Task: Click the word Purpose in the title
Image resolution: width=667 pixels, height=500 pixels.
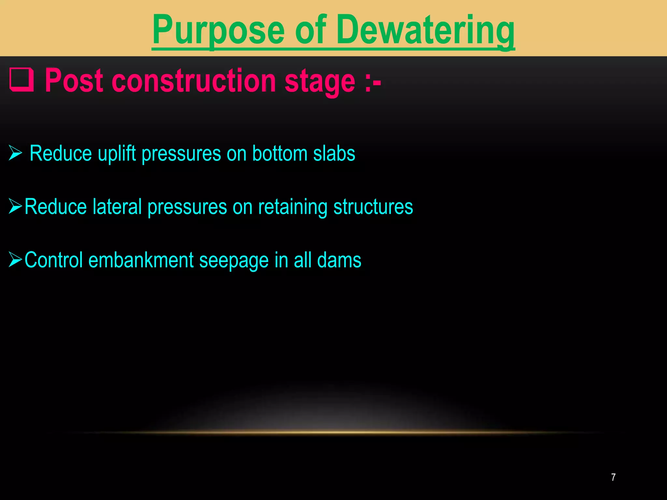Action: coord(218,31)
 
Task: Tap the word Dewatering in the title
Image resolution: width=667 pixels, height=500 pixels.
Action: coord(425,31)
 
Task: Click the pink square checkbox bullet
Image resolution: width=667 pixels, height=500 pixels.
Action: coord(21,79)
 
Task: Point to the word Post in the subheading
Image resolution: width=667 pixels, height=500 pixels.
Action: coord(74,81)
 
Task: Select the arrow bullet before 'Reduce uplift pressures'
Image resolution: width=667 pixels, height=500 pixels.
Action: coord(15,153)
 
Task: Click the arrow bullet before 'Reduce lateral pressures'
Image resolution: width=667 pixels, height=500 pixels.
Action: coord(15,206)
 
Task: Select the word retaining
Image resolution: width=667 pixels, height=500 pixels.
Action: coord(292,207)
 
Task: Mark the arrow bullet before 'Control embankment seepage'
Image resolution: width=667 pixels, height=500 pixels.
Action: coord(15,259)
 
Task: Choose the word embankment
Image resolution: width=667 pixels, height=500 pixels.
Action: coord(141,260)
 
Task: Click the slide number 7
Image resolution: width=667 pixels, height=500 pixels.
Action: coord(613,477)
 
